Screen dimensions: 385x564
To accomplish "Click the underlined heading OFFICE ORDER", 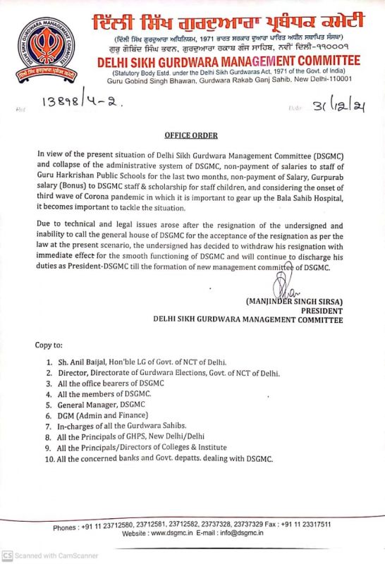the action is pos(191,135).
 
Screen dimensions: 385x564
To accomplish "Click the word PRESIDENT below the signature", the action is pos(322,310).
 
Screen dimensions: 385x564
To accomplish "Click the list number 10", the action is pos(49,459).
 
